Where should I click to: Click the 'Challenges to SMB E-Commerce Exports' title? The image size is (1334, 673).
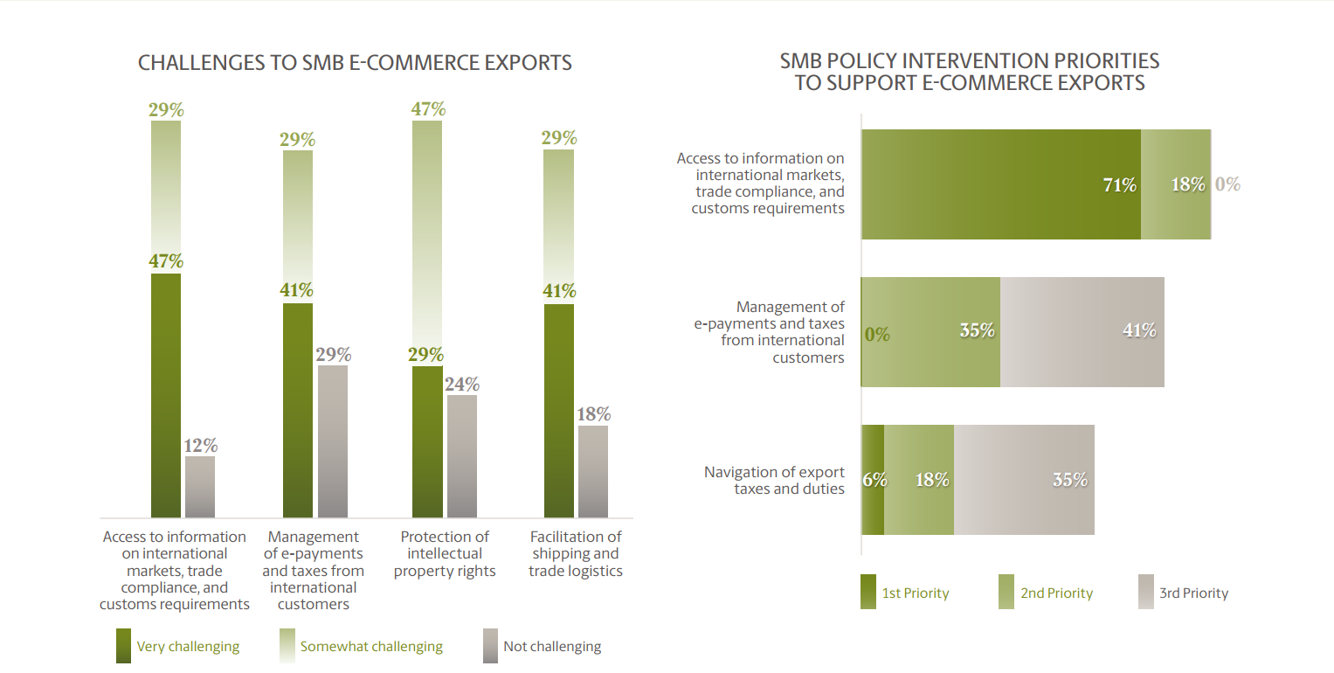tap(355, 63)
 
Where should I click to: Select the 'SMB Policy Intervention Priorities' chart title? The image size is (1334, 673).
tap(970, 72)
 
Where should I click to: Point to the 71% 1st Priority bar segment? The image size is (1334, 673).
tap(1001, 184)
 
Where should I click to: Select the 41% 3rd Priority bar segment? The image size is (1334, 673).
tap(1082, 332)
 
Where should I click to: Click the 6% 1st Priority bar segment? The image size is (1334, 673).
tap(873, 480)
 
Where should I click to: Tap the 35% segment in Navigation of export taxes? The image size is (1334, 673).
tap(1024, 480)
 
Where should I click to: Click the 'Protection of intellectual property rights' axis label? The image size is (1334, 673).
tap(445, 553)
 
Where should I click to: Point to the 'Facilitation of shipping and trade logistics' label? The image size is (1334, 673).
tap(576, 553)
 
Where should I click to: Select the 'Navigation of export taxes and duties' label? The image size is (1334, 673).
tap(774, 480)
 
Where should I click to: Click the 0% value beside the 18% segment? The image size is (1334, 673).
tap(1227, 184)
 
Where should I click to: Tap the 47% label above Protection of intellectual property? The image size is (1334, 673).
tap(428, 109)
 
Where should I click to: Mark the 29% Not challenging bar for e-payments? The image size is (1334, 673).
tap(333, 441)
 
